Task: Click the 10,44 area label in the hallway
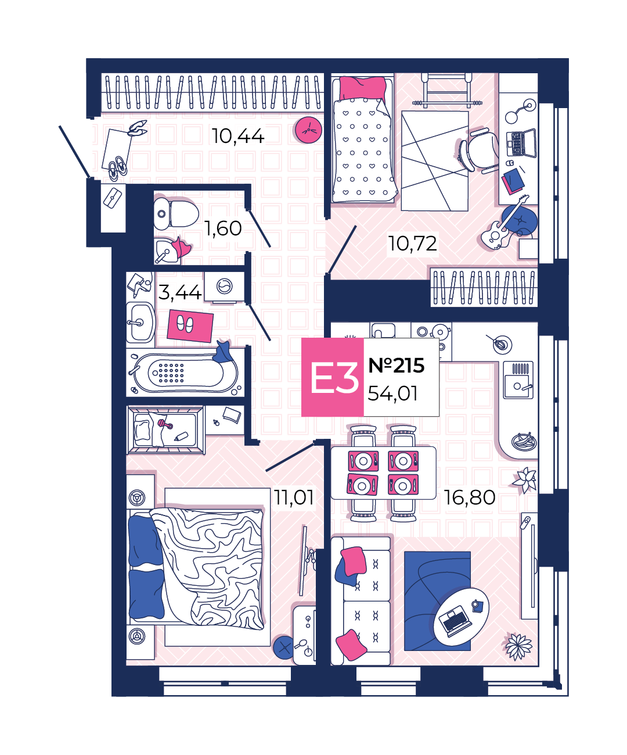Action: tap(238, 137)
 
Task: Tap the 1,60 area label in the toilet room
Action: tap(223, 228)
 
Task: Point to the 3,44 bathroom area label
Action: tap(179, 292)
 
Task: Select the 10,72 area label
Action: tap(412, 244)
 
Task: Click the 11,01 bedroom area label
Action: tap(294, 497)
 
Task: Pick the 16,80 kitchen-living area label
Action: tap(469, 498)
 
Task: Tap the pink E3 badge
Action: tap(333, 377)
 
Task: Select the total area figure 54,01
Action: tap(392, 393)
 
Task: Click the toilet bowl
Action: tap(176, 214)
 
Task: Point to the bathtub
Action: tap(185, 373)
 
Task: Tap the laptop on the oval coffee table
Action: tap(455, 620)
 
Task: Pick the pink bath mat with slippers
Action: tap(190, 325)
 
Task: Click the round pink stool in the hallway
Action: tap(308, 130)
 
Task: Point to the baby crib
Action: tap(166, 430)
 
